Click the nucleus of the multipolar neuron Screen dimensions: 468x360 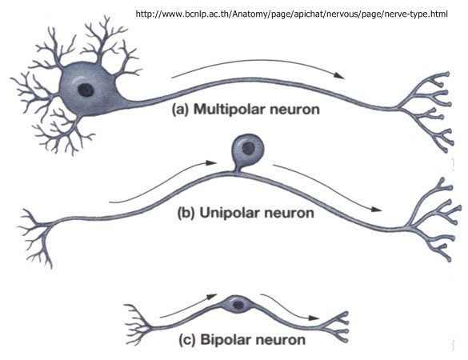click(x=86, y=90)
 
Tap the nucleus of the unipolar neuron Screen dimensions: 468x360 click(x=248, y=148)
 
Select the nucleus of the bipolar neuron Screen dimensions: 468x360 click(x=238, y=305)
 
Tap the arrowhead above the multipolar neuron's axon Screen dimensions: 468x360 click(x=339, y=75)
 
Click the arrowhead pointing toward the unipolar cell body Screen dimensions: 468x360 click(x=212, y=162)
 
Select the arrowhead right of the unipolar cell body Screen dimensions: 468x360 click(x=377, y=210)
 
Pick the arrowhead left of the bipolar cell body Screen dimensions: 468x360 click(x=212, y=297)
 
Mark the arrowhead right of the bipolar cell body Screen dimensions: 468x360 click(x=314, y=318)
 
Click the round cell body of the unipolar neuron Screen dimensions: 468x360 click(x=248, y=150)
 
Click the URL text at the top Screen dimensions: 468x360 click(x=292, y=14)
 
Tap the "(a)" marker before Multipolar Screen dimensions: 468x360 click(x=181, y=110)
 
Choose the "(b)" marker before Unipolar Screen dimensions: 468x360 click(x=186, y=213)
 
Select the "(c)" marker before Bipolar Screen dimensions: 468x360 click(x=187, y=340)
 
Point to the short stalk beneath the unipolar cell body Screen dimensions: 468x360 click(x=238, y=169)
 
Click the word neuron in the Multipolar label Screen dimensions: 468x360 click(x=295, y=110)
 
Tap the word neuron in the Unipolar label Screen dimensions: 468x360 click(x=290, y=214)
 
